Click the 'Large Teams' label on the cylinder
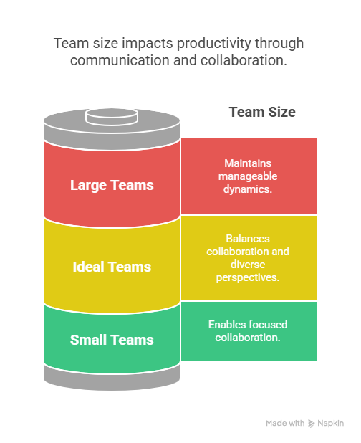pyautogui.click(x=112, y=186)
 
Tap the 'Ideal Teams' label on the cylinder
pyautogui.click(x=112, y=267)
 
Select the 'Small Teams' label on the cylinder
pyautogui.click(x=112, y=340)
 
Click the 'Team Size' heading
pyautogui.click(x=262, y=112)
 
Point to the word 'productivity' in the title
pyautogui.click(x=214, y=44)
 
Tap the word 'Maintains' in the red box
pyautogui.click(x=248, y=163)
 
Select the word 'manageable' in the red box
pyautogui.click(x=248, y=176)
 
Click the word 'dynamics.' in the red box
pyautogui.click(x=248, y=189)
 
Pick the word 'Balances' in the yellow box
pyautogui.click(x=248, y=239)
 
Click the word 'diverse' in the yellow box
pyautogui.click(x=248, y=265)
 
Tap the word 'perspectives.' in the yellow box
pyautogui.click(x=248, y=277)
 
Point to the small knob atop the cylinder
pyautogui.click(x=112, y=116)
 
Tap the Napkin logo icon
pyautogui.click(x=311, y=423)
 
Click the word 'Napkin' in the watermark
pyautogui.click(x=330, y=423)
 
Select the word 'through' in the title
pyautogui.click(x=279, y=44)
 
